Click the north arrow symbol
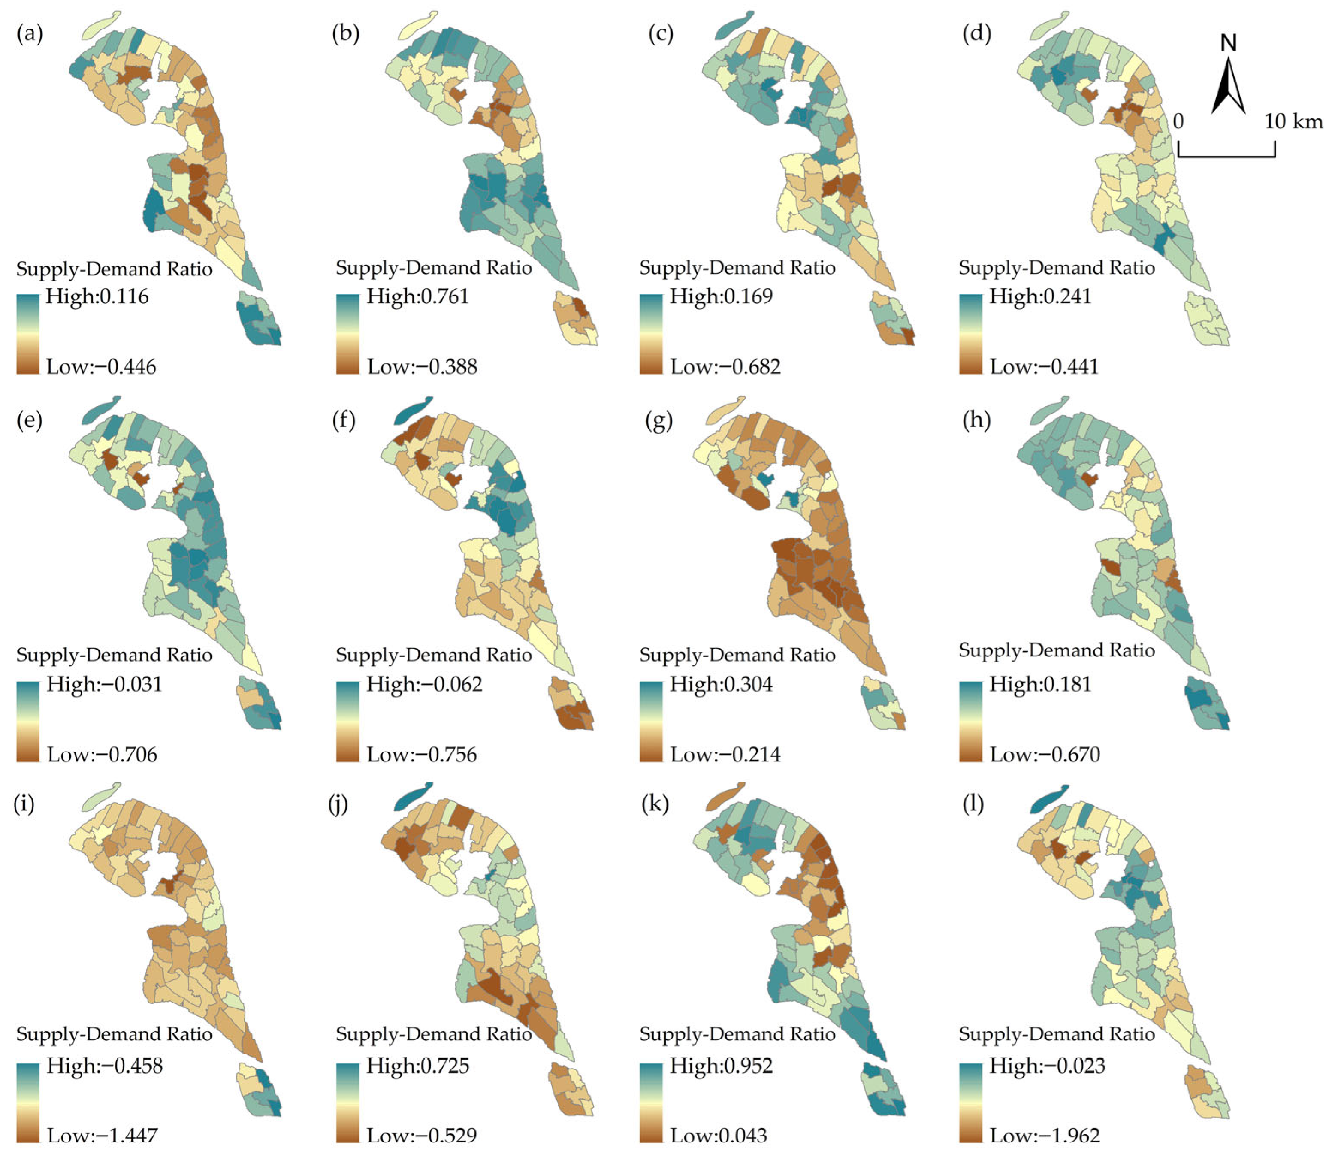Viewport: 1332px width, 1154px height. pyautogui.click(x=1228, y=88)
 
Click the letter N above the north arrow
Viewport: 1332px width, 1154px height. pyautogui.click(x=1228, y=43)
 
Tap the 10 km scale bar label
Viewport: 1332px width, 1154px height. pyautogui.click(x=1293, y=121)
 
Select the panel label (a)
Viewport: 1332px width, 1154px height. pyautogui.click(x=30, y=33)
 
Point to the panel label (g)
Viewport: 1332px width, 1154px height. pyautogui.click(x=658, y=420)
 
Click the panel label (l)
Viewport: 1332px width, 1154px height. pyautogui.click(x=973, y=803)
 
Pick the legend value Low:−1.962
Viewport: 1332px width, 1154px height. pyautogui.click(x=1044, y=1135)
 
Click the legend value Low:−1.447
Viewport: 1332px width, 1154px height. pyautogui.click(x=102, y=1135)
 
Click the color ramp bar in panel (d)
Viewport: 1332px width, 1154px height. pyautogui.click(x=970, y=334)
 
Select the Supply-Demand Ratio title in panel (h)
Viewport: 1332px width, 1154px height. pyautogui.click(x=1057, y=650)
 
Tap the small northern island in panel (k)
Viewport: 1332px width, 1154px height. pyautogui.click(x=725, y=796)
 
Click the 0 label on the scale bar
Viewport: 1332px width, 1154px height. pyautogui.click(x=1178, y=121)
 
